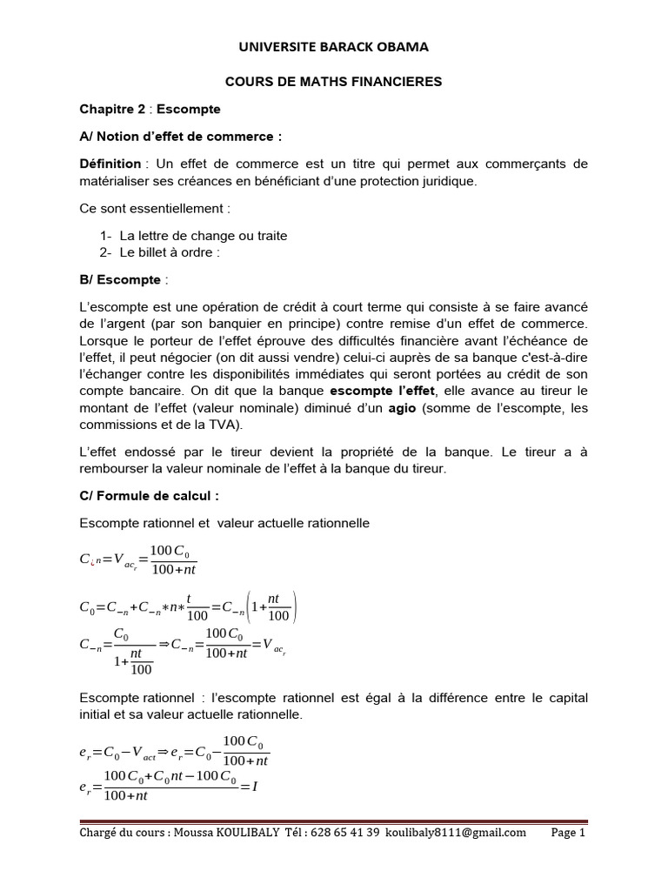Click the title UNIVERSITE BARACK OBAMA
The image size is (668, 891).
coord(334,46)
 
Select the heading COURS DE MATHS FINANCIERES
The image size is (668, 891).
coord(334,81)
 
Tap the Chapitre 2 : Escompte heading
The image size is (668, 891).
coord(150,109)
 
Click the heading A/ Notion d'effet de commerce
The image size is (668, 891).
coord(181,137)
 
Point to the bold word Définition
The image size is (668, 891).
coord(110,164)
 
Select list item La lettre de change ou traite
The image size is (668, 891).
coord(204,236)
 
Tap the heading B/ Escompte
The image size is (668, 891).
coord(123,279)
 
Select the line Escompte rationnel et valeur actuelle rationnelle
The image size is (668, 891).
coord(224,523)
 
